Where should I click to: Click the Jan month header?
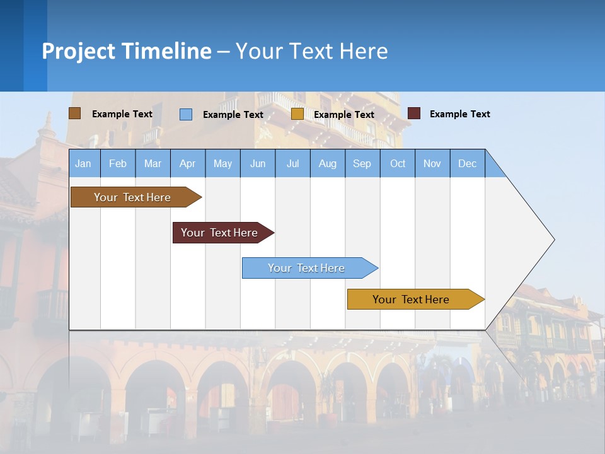(x=83, y=163)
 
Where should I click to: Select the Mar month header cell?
(x=153, y=163)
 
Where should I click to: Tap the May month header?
(x=222, y=163)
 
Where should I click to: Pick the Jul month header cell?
(x=292, y=163)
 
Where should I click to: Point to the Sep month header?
(x=362, y=163)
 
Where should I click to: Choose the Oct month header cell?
(x=398, y=163)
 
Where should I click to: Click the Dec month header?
(x=467, y=163)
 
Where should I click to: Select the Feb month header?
(x=118, y=163)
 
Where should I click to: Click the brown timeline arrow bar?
(x=133, y=197)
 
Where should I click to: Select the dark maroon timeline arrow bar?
(x=220, y=233)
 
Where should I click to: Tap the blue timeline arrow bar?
(x=307, y=268)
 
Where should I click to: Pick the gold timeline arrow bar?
(x=412, y=300)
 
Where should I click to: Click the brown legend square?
(x=75, y=113)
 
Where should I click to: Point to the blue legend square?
(x=186, y=114)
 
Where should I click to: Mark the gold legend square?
(x=297, y=113)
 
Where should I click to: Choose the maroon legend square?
(x=414, y=113)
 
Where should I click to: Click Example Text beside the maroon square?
(x=459, y=114)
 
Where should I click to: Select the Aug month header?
(x=327, y=163)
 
